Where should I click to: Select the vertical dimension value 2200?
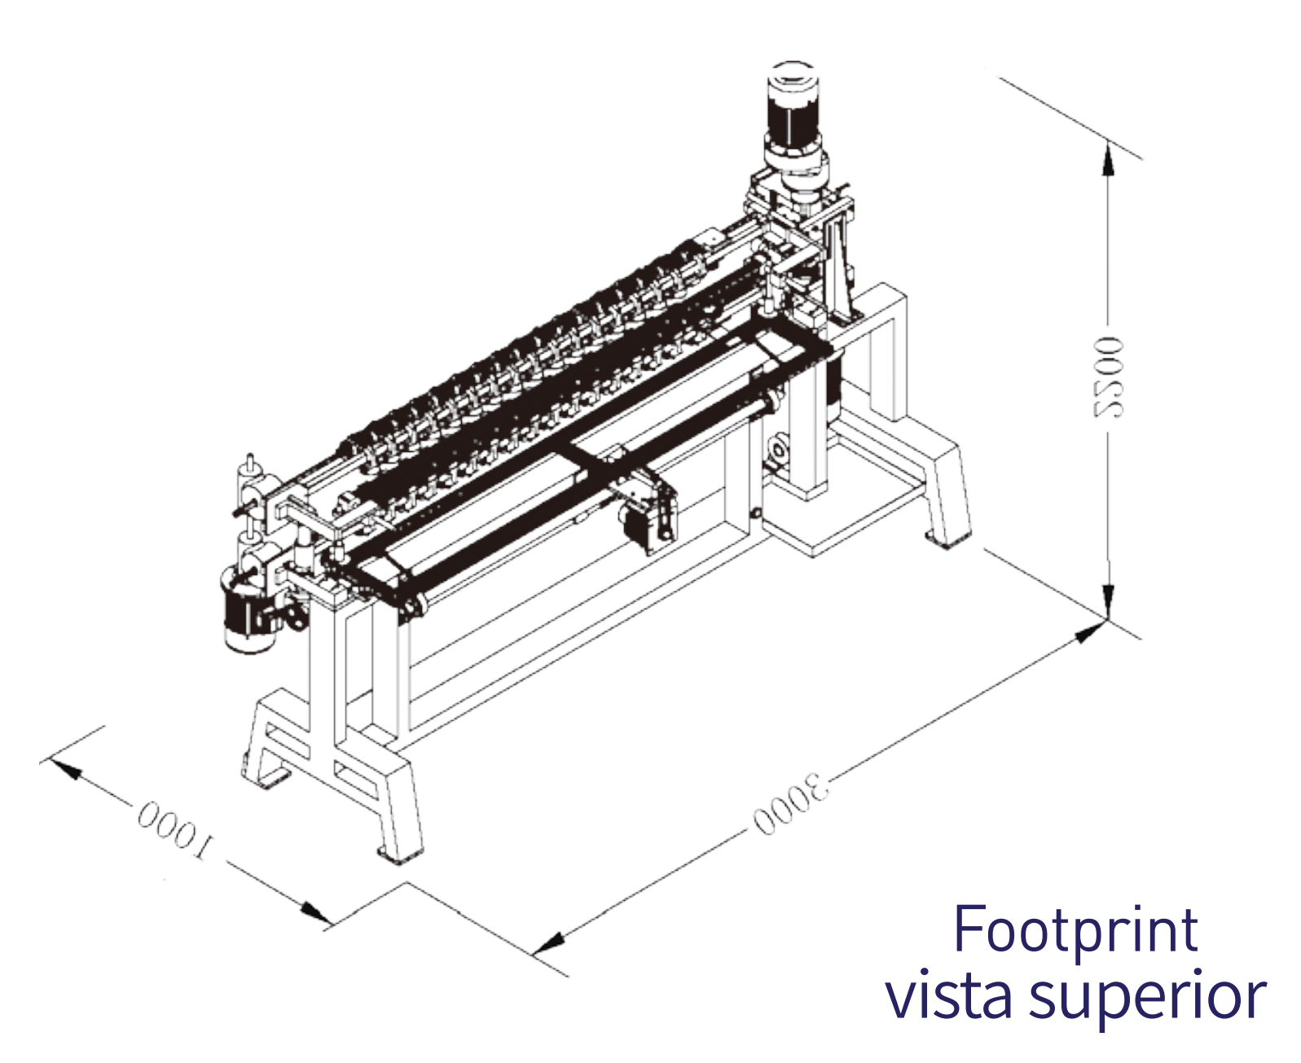1107,376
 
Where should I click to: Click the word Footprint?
1076,929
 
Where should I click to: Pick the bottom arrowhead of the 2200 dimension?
1109,600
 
